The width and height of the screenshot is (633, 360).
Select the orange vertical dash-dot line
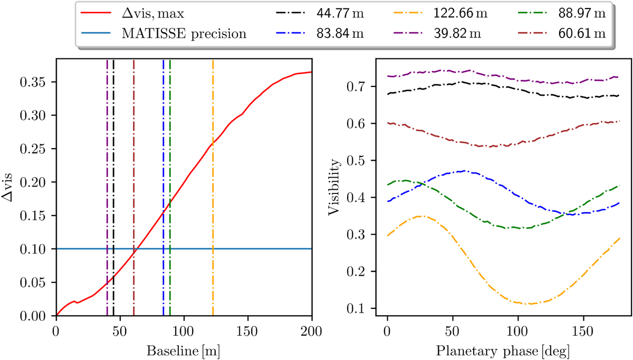(x=213, y=211)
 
